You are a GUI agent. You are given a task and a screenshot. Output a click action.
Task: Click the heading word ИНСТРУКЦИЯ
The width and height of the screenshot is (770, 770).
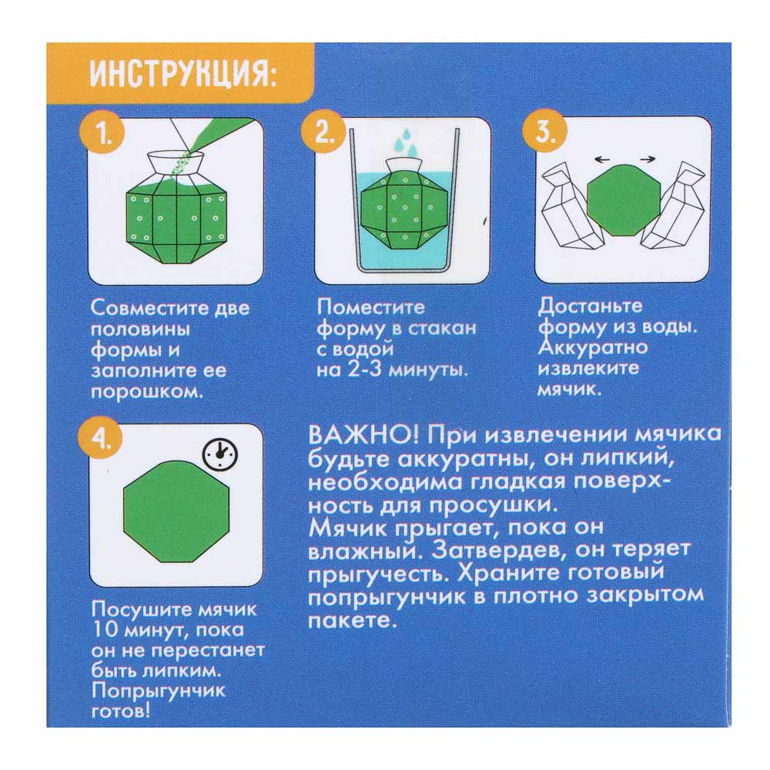point(182,76)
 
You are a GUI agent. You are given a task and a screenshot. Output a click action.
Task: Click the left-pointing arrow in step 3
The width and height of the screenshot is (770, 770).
point(604,159)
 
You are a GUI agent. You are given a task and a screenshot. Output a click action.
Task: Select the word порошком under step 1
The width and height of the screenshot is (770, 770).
point(146,391)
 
